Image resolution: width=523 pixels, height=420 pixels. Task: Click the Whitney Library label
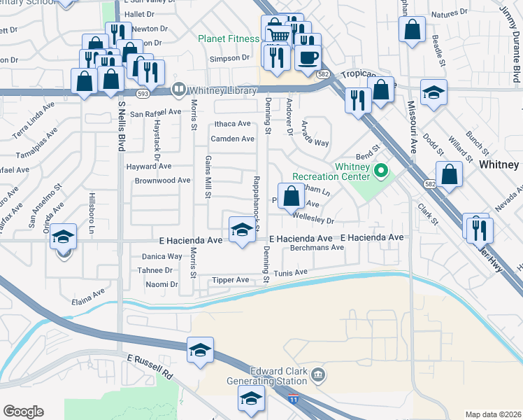pos(214,89)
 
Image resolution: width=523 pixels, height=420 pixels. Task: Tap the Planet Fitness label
pos(229,38)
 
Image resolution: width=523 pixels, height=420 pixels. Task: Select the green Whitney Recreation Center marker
pos(381,170)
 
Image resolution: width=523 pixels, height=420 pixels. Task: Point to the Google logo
pos(23,411)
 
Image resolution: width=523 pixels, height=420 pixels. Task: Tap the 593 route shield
pos(143,92)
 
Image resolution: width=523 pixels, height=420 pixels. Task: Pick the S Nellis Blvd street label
pos(120,129)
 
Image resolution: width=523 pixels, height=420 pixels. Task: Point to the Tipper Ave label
pos(232,280)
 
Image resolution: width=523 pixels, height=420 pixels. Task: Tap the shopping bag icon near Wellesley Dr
pos(290,195)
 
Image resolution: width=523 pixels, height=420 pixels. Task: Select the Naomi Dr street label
pos(161,284)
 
